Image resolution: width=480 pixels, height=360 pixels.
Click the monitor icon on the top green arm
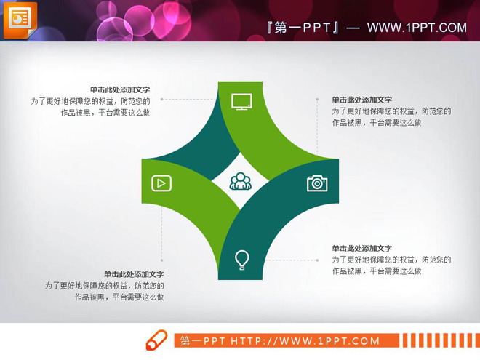click(241, 101)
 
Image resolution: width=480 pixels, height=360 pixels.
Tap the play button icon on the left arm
click(161, 183)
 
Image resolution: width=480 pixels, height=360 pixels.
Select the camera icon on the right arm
click(317, 183)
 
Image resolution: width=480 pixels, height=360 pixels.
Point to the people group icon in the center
click(241, 181)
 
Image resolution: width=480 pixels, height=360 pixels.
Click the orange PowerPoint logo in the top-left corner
click(20, 18)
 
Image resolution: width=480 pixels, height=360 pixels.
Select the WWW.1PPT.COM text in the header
click(416, 28)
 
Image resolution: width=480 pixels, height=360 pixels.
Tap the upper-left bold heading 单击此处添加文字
click(120, 90)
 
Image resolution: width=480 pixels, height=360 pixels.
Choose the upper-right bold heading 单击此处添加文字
click(362, 100)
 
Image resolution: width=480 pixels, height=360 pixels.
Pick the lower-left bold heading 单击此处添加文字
click(134, 274)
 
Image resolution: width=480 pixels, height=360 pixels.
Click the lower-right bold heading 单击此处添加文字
click(362, 248)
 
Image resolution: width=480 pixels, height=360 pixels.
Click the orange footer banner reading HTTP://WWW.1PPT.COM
click(287, 341)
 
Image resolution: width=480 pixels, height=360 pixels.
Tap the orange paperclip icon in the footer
click(156, 340)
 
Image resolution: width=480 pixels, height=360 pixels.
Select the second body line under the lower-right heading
click(377, 271)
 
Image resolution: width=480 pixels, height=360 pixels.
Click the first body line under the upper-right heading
click(391, 111)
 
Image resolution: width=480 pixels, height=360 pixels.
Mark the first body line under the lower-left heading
click(104, 286)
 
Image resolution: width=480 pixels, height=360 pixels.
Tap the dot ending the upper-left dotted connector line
click(161, 99)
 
